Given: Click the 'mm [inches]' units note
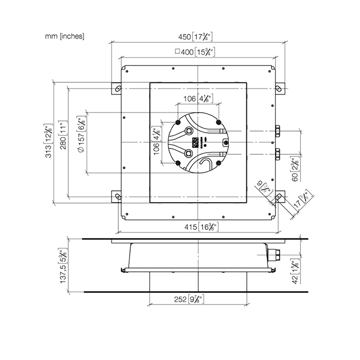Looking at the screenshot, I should pos(65,36).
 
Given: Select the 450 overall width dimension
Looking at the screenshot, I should pos(195,37).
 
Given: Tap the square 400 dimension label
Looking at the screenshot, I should pos(195,51).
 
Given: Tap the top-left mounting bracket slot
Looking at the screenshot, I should pos(117,89).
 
